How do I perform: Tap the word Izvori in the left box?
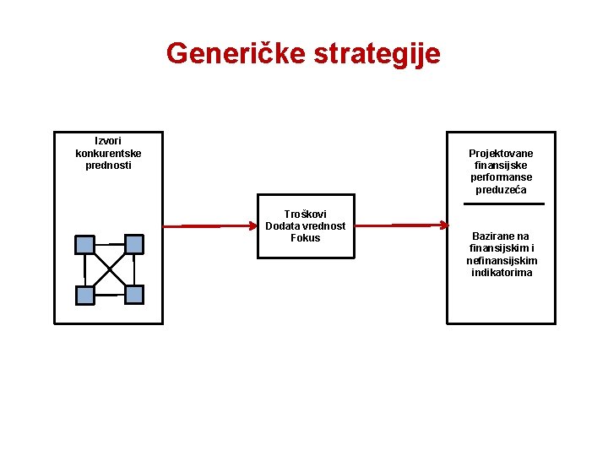108,141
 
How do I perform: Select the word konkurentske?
108,153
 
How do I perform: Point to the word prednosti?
108,165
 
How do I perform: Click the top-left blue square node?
85,245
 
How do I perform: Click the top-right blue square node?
133,243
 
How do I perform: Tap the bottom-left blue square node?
85,296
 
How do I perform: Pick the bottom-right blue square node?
134,294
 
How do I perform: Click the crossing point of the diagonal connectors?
110,269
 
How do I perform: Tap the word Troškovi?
306,214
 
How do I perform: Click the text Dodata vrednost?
306,226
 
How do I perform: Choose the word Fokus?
306,238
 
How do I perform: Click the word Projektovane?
502,154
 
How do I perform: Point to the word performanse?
502,177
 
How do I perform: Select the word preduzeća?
502,190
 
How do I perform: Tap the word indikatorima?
502,273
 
